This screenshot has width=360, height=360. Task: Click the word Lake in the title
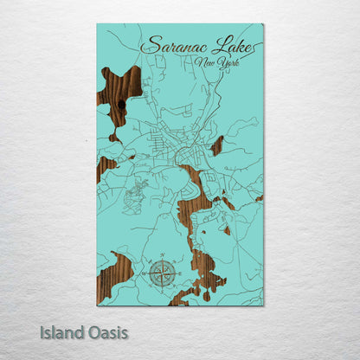(x=230, y=46)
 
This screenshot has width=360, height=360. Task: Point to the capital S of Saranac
(x=149, y=45)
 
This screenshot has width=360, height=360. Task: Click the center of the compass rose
(x=160, y=274)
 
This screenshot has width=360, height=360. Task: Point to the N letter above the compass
(x=160, y=255)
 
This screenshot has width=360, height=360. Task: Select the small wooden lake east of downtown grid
(x=217, y=145)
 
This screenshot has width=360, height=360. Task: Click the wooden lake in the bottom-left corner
(x=112, y=277)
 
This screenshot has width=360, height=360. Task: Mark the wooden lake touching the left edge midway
(x=104, y=166)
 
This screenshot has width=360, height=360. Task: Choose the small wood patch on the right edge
(x=259, y=198)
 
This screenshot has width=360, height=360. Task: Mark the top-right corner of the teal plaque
(x=263, y=24)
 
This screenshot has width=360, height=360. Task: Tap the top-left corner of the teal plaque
(x=97, y=24)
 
